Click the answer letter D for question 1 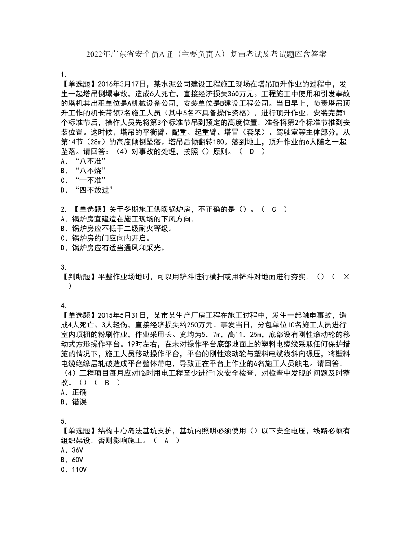tap(251, 152)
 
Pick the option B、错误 tap(73, 402)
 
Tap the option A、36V tap(72, 450)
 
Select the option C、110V tap(74, 469)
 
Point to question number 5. tap(63, 421)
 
